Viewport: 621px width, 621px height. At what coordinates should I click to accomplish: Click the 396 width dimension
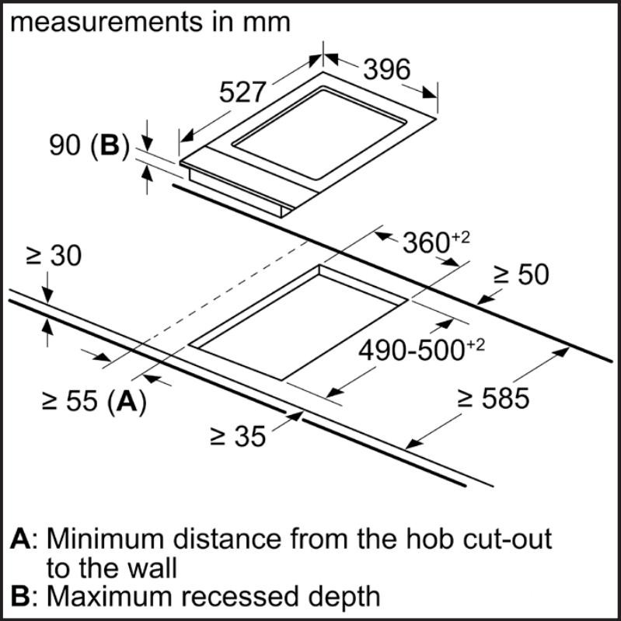click(386, 70)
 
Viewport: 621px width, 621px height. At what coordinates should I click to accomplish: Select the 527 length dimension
click(242, 92)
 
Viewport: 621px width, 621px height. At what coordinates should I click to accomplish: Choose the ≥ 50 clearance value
click(522, 274)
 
